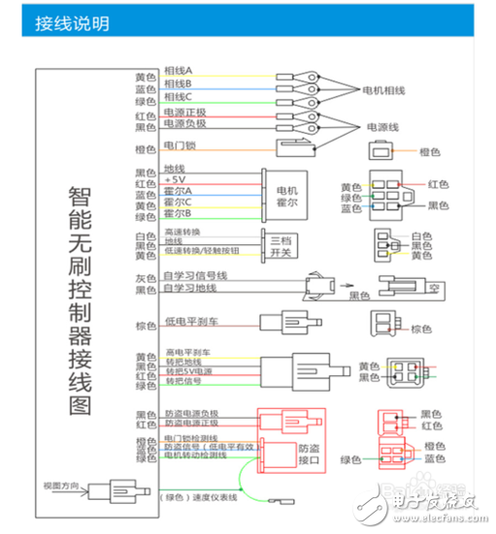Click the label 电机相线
pos(384,90)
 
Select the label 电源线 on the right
pos(382,127)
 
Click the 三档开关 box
pos(280,246)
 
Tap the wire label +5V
pos(175,180)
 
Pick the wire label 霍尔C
pos(178,203)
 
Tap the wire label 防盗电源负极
pos(192,414)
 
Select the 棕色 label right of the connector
pos(420,329)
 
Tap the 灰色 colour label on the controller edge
pos(146,278)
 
